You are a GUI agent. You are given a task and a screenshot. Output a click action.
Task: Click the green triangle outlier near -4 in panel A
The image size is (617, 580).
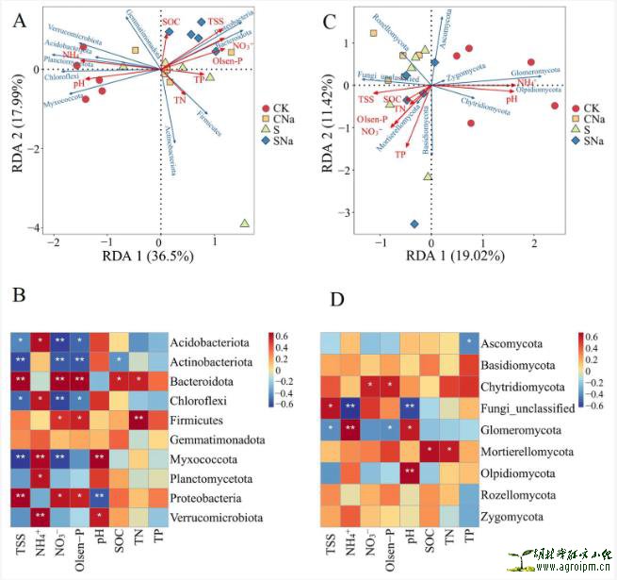click(245, 224)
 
